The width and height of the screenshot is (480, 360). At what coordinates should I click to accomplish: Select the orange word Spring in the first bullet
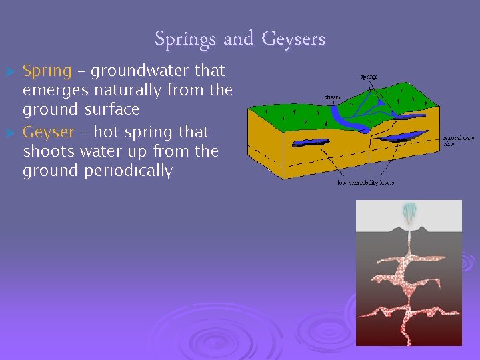point(47,70)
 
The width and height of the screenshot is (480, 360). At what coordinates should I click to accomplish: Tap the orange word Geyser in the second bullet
point(49,131)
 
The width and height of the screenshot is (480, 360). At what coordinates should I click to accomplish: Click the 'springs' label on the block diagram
point(369,77)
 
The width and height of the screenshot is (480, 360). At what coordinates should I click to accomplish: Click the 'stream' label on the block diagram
point(332,97)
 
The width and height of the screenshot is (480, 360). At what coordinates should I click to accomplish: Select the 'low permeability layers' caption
point(365,183)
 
